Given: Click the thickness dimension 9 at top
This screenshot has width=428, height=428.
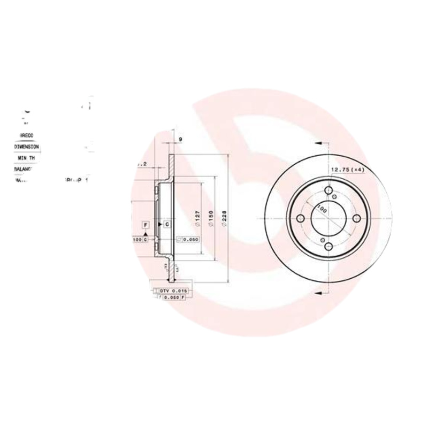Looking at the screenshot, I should (x=180, y=140).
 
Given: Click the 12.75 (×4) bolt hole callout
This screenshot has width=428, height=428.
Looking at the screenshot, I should (x=347, y=170).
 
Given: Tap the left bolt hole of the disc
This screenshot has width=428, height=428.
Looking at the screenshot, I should (x=301, y=219).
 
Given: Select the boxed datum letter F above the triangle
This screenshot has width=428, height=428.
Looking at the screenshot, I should (x=145, y=224).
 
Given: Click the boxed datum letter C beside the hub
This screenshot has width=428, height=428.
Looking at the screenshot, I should (x=166, y=224).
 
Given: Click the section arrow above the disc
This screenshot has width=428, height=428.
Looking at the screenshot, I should (x=319, y=144).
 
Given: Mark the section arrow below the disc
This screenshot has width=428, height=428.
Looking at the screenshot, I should (x=319, y=293).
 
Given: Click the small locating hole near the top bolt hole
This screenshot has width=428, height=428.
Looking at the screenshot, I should (x=335, y=196).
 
